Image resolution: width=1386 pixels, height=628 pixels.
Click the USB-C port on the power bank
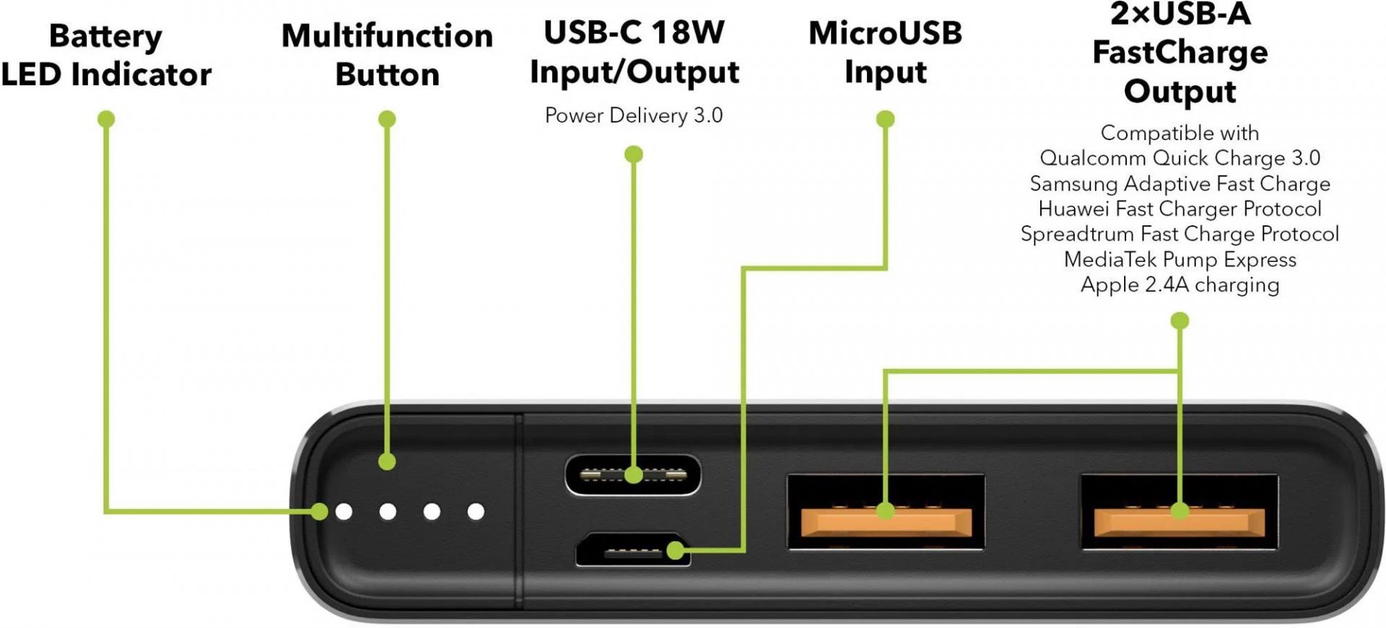[632, 475]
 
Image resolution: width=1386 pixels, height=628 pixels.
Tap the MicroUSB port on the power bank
[632, 551]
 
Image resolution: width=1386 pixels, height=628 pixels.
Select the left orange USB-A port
[886, 513]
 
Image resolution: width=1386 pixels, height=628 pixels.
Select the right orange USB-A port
[1179, 513]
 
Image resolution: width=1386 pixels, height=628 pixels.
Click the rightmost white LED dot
[476, 512]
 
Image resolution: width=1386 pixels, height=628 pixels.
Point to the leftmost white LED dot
[344, 512]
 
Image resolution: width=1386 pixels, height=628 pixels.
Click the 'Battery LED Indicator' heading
[106, 56]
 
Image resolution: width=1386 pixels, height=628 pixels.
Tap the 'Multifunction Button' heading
[387, 56]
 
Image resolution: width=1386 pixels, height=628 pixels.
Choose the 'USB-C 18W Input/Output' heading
[634, 52]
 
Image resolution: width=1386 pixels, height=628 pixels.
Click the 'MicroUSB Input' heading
[885, 52]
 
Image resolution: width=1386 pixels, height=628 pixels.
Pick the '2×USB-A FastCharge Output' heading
[1180, 53]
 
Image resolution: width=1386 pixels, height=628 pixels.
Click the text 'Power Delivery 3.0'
[634, 115]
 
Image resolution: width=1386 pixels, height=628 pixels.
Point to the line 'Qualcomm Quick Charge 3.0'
[1180, 158]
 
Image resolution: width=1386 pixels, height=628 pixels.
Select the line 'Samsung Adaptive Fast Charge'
[1180, 183]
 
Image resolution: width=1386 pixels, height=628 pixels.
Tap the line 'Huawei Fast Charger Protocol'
[1180, 209]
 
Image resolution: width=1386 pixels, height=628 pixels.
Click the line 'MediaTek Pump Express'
[1180, 259]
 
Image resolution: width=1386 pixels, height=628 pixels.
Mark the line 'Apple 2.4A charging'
[1180, 284]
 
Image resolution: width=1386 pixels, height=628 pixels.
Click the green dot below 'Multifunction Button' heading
[387, 118]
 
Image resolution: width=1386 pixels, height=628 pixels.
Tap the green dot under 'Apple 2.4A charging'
[1180, 320]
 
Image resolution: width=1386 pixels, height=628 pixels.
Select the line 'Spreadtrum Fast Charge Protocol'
[1180, 234]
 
